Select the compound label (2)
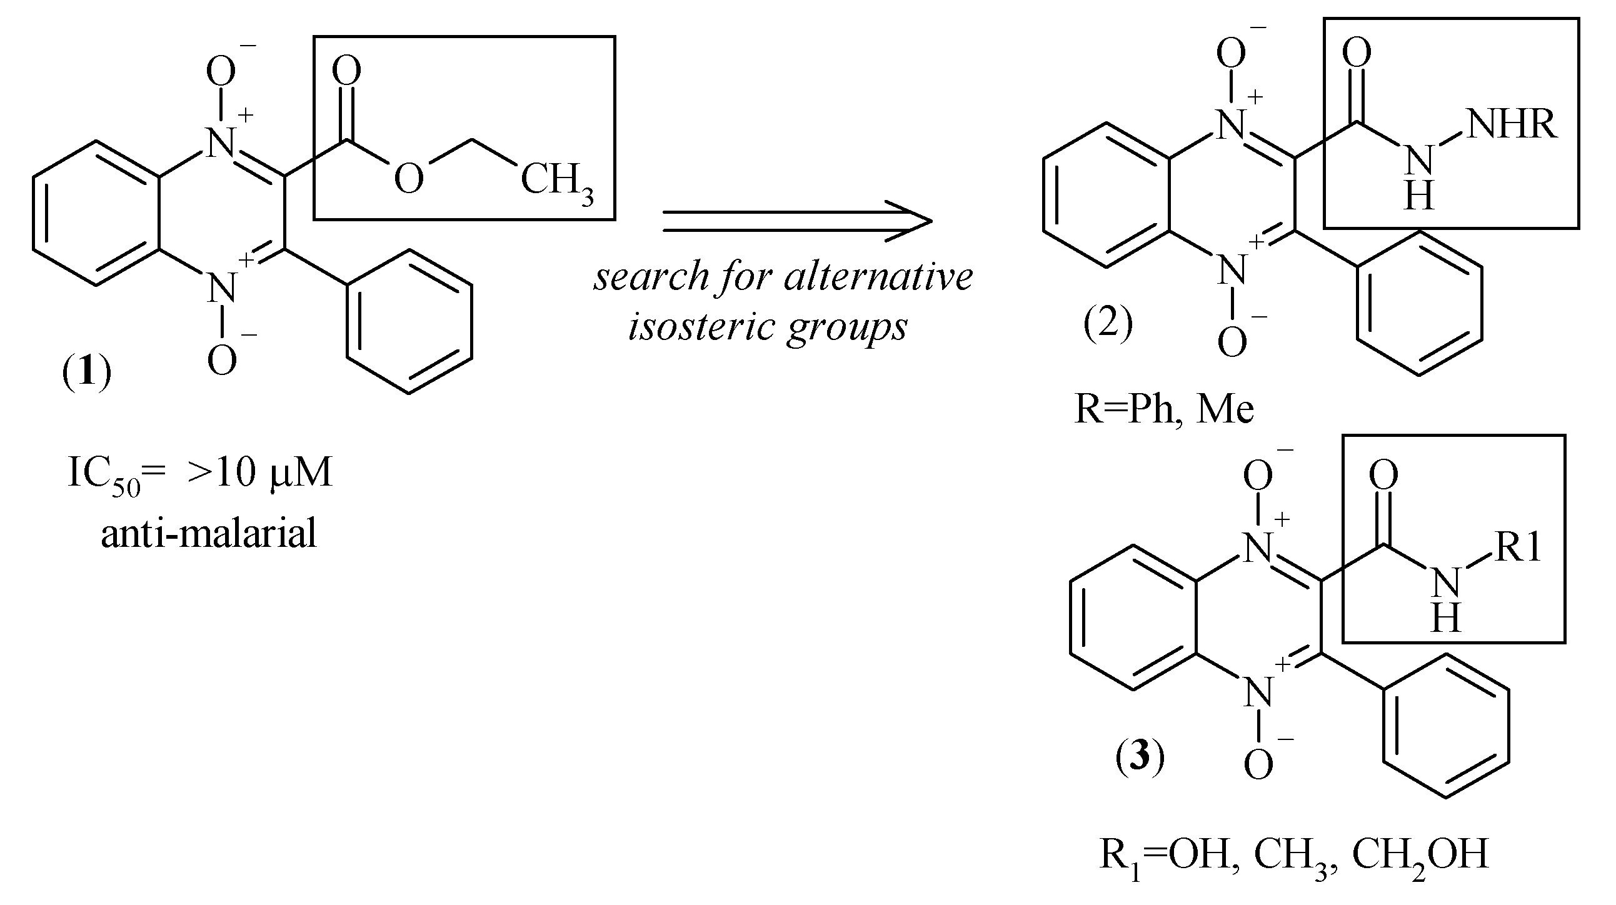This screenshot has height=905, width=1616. coord(1108,324)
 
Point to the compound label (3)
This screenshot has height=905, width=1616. coord(1139,756)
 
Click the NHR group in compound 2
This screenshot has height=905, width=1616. coord(1512,124)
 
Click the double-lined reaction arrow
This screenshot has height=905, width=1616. coord(796,221)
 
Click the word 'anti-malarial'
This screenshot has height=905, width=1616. coord(208,534)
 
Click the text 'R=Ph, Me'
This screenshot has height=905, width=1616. coord(1163,409)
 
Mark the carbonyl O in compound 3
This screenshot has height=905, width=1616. coord(1383,475)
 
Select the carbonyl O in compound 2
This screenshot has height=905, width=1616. coord(1357,52)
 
